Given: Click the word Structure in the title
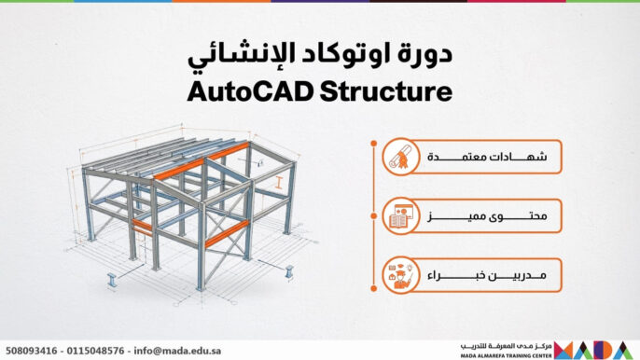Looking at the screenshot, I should pyautogui.click(x=384, y=92).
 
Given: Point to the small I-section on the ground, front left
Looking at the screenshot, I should pyautogui.click(x=111, y=278).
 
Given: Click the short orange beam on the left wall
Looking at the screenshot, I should pyautogui.click(x=142, y=226).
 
